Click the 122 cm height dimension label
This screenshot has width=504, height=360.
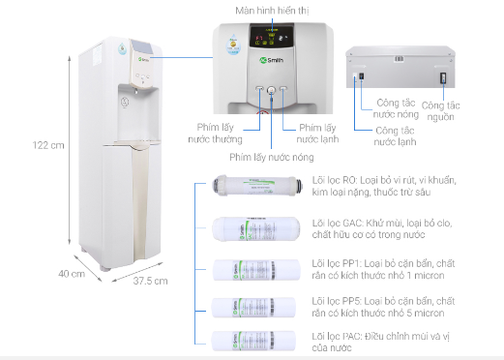tap(47, 145)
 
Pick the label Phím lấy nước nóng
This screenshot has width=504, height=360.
tap(271, 156)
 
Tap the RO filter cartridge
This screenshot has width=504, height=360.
tap(251, 188)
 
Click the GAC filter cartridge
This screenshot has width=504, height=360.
tap(251, 228)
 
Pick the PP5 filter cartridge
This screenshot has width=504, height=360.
tap(251, 307)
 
